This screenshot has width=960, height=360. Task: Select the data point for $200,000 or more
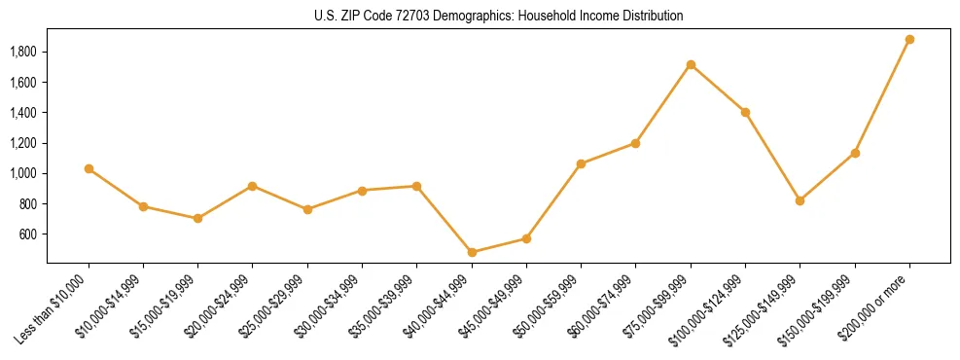click(909, 40)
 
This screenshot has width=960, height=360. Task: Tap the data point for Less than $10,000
click(89, 169)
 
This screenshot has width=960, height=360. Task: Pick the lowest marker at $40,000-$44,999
click(472, 252)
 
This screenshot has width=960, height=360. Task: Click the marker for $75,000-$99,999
click(691, 65)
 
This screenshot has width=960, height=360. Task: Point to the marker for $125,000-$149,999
click(800, 200)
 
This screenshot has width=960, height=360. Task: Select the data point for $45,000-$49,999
click(526, 238)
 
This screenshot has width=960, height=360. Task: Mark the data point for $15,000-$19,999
click(197, 218)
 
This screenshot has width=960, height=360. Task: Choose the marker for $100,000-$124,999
click(745, 112)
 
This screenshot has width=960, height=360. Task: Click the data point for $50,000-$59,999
click(581, 163)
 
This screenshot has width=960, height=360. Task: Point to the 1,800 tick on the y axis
click(22, 52)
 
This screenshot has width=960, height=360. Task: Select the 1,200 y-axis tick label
click(22, 143)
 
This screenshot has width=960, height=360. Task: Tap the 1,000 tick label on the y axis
click(22, 173)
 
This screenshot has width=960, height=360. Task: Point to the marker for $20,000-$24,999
click(253, 186)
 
